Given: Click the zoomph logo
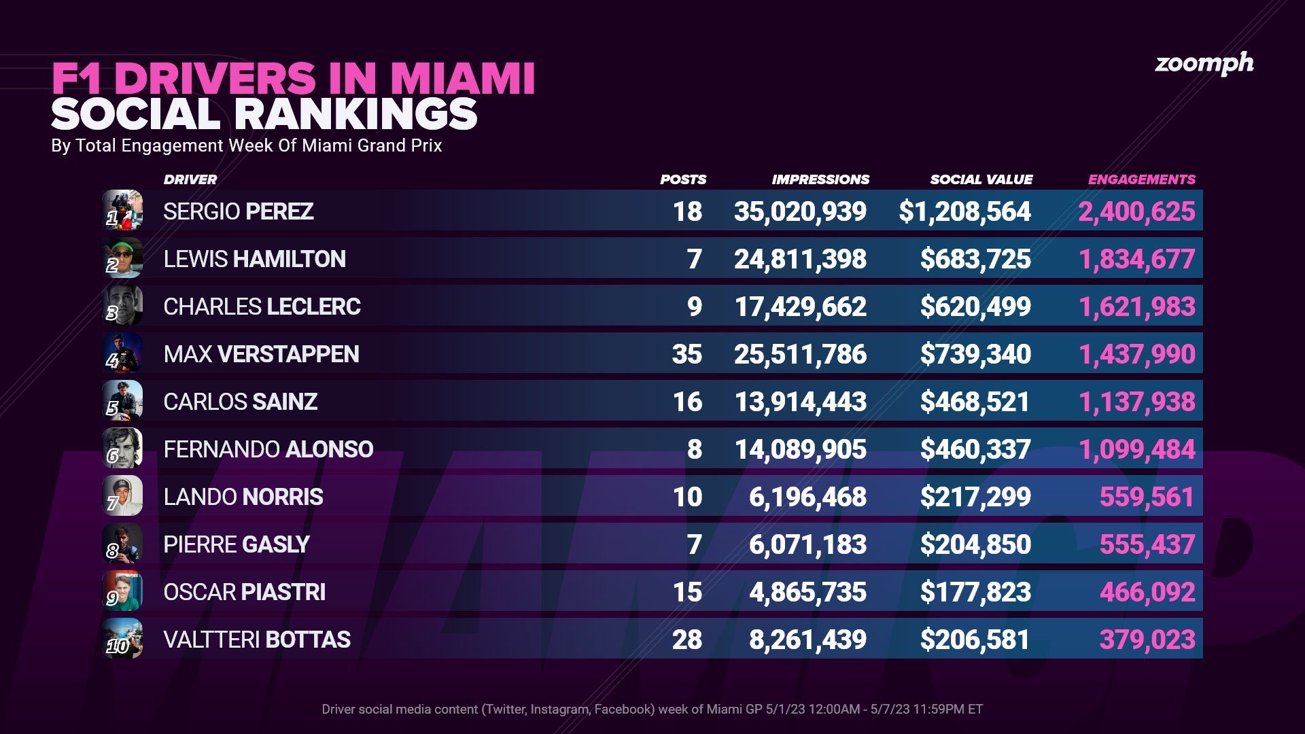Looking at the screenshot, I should click(x=1204, y=64).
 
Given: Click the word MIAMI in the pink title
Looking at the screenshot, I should click(x=462, y=79).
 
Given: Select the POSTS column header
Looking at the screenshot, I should click(x=682, y=179).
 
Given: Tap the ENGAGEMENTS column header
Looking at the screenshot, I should click(x=1141, y=179).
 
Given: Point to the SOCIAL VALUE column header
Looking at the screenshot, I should click(x=981, y=179).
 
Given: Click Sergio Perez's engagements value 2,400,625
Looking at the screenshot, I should click(x=1136, y=211).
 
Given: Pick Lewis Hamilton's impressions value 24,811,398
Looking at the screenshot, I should click(x=800, y=259).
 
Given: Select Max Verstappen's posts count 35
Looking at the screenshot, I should click(x=686, y=354).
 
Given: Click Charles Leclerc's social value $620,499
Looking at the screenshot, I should click(x=975, y=307).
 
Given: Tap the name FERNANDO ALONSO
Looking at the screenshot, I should click(x=268, y=449).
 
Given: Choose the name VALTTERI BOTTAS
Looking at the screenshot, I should click(x=256, y=640).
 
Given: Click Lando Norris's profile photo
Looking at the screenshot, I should click(x=122, y=495).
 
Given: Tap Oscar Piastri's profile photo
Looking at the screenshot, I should click(x=122, y=591).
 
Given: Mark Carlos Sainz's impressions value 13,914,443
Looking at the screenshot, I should click(x=800, y=402).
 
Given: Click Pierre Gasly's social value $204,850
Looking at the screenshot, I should click(x=975, y=544).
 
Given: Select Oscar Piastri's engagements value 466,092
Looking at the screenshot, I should click(x=1147, y=592).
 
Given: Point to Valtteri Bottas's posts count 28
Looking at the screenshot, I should click(x=686, y=640).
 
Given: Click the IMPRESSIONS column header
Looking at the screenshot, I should click(x=820, y=179).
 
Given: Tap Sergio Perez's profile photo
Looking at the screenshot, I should click(x=122, y=210).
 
